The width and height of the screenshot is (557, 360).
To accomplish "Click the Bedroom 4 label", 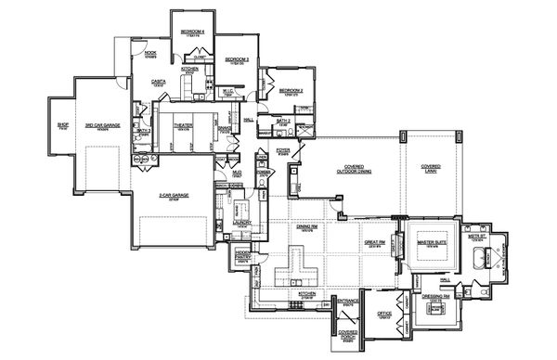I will click(x=192, y=32).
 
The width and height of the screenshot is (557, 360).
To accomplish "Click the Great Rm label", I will click(x=376, y=243).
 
